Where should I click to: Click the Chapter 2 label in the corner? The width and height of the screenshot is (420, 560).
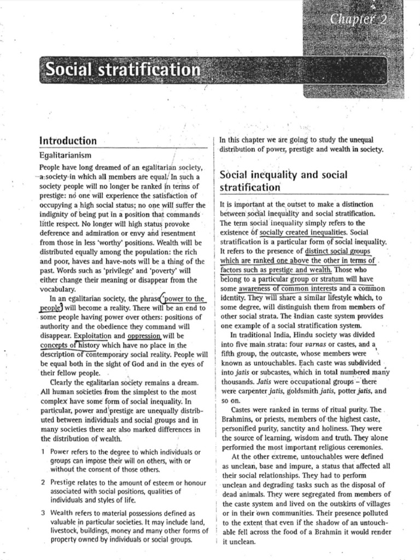[365, 20]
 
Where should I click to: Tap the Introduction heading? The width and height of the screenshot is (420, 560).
[68, 141]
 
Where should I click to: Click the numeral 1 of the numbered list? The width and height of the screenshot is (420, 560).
[43, 452]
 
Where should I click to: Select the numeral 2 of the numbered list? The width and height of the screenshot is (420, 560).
[43, 482]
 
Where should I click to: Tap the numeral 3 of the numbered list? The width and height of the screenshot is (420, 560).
[43, 514]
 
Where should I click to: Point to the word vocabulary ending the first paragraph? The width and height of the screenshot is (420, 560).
[59, 289]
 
